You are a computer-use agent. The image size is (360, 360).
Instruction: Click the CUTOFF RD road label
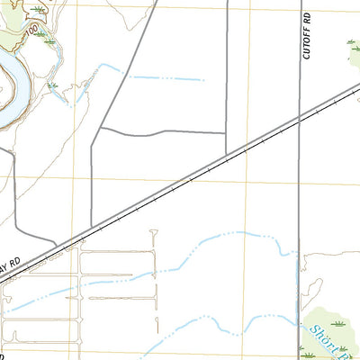(x=306, y=36)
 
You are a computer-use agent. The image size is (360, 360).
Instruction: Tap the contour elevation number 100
(x=32, y=31)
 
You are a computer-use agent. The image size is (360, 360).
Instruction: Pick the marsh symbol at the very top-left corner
(x=37, y=8)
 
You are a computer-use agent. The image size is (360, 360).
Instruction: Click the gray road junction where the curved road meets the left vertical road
(x=99, y=129)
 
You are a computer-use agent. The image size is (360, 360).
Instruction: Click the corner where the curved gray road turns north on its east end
(x=225, y=132)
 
